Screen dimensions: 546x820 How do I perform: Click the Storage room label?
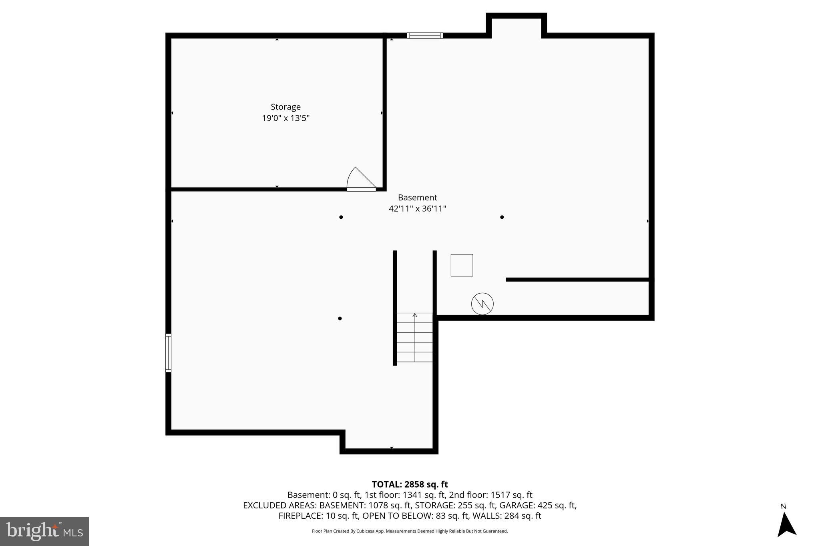point(285,107)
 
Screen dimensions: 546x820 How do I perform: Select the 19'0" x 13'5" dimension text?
point(285,118)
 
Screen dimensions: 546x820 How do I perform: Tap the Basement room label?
point(417,197)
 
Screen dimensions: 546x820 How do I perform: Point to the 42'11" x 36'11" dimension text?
point(417,208)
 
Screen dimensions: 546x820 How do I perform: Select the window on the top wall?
point(425,36)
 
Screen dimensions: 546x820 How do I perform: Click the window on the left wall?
point(169,353)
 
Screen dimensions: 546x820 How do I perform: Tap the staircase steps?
point(415,337)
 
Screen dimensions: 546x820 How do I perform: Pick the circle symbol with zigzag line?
point(482,304)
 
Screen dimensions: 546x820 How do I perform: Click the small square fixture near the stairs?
point(462,265)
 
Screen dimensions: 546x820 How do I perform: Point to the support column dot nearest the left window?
point(340,318)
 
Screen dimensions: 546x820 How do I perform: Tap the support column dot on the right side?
point(502,217)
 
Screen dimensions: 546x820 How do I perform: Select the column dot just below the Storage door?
point(341,217)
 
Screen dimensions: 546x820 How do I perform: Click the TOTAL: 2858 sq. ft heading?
point(410,484)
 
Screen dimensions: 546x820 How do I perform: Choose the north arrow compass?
point(786,524)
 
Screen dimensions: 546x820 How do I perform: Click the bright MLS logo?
point(44,531)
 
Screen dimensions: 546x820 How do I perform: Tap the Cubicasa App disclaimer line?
point(410,531)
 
